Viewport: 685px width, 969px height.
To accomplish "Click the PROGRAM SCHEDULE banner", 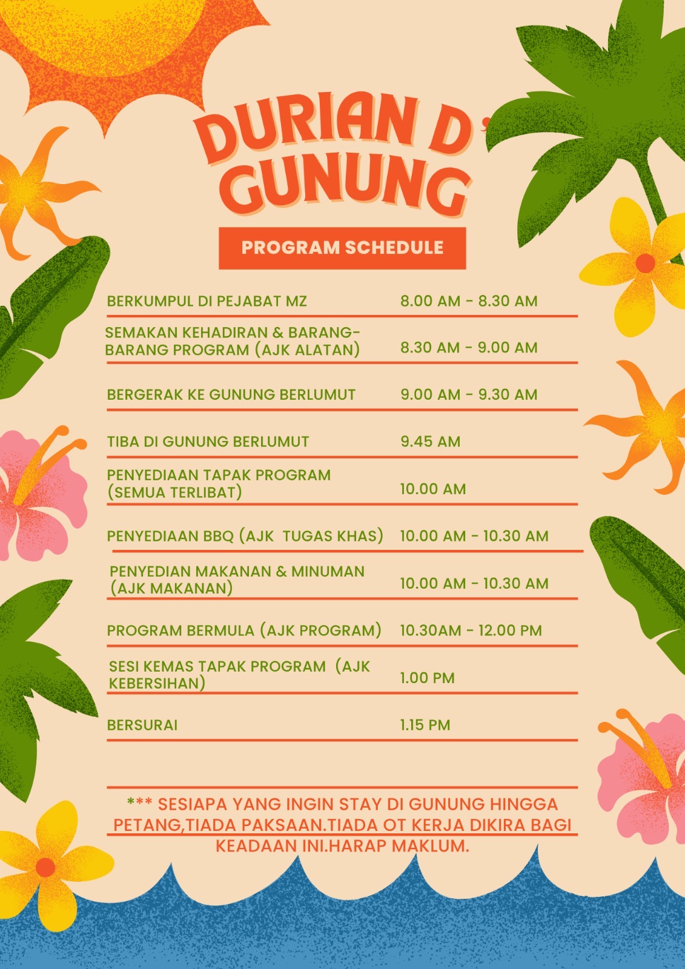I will (342, 248).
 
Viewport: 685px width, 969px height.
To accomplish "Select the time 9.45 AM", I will (430, 442).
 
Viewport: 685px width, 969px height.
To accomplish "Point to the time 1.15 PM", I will (425, 725).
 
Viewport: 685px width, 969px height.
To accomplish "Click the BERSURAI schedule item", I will (142, 725).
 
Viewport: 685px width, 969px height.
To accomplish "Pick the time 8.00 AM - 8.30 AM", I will (469, 301).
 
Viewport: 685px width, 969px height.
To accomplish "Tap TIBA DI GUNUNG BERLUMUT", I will (208, 442).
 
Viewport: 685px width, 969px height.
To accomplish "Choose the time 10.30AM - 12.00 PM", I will (471, 630).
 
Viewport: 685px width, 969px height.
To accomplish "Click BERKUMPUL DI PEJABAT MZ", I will (207, 301).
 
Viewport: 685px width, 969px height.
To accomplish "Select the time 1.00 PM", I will (427, 678).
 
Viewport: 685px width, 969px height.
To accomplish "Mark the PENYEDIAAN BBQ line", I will (245, 536).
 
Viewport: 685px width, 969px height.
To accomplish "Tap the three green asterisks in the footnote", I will (139, 804).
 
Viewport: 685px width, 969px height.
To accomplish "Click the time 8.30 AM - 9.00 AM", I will (469, 348).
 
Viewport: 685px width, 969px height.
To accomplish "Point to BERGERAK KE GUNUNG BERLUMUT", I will (231, 395).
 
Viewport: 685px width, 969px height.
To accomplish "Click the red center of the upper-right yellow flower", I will (645, 263).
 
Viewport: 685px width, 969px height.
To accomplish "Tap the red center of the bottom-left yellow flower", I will (45, 867).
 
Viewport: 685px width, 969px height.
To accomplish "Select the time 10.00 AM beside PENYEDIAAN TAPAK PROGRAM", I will (433, 489).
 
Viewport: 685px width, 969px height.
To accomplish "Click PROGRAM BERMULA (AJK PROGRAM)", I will (244, 630).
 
